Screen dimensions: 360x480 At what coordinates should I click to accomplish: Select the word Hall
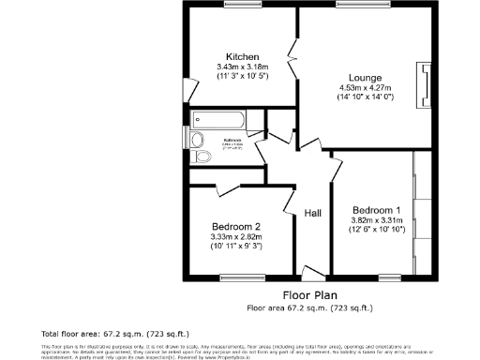pyautogui.click(x=313, y=215)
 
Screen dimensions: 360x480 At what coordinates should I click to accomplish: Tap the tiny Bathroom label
pyautogui.click(x=232, y=140)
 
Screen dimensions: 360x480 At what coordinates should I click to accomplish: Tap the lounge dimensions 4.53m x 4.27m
pyautogui.click(x=365, y=88)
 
